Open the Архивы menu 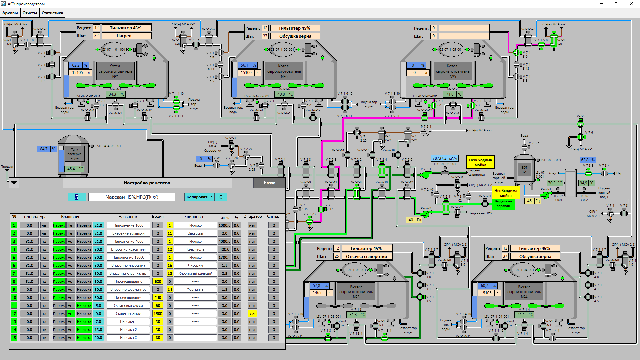pos(10,13)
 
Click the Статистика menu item pos(52,13)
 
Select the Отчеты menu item pos(30,13)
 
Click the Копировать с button pos(199,197)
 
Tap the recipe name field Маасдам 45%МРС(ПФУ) pos(132,197)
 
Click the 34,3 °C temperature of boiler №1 pos(112,94)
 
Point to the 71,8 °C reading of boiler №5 pos(450,94)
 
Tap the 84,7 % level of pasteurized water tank pos(44,149)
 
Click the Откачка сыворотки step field pos(366,256)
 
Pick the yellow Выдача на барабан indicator pos(503,204)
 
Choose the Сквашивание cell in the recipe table pos(128,314)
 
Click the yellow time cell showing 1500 pos(158,314)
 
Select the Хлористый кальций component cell pos(195,273)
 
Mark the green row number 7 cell pos(14,273)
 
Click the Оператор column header pos(252,217)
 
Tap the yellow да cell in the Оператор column pos(252,314)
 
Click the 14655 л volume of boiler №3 pos(318,293)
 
